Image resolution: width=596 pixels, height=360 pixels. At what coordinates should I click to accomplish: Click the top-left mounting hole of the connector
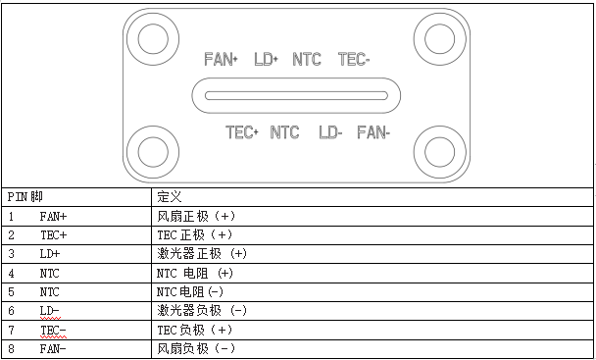coord(152,39)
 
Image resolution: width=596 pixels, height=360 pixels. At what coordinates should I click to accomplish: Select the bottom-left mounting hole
coord(152,152)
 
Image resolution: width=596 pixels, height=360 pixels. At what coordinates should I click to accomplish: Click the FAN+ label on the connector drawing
coord(222,60)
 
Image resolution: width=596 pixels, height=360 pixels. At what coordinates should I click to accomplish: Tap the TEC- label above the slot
coord(354,60)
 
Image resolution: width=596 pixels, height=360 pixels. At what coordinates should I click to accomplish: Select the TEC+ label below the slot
coord(241,132)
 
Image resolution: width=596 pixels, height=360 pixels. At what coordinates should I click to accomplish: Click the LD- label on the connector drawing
coord(330,132)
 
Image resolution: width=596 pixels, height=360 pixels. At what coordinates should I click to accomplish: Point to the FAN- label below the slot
coord(373,132)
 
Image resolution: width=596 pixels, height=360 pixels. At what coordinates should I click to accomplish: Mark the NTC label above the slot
coord(307,60)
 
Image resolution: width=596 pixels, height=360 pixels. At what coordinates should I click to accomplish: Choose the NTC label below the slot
coord(284,132)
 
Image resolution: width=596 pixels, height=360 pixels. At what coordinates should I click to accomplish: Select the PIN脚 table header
coord(25,196)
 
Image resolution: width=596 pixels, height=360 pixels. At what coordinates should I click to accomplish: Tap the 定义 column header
coord(169,196)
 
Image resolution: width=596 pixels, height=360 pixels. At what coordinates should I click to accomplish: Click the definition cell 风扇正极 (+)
coord(196,216)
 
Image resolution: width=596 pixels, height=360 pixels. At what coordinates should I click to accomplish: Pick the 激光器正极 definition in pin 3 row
coord(202,253)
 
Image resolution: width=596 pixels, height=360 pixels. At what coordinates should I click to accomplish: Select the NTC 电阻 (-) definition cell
coord(191,291)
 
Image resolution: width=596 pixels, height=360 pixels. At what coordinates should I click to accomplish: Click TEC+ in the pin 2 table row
coord(54,234)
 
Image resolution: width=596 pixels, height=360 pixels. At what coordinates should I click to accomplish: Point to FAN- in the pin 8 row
coord(54,348)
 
